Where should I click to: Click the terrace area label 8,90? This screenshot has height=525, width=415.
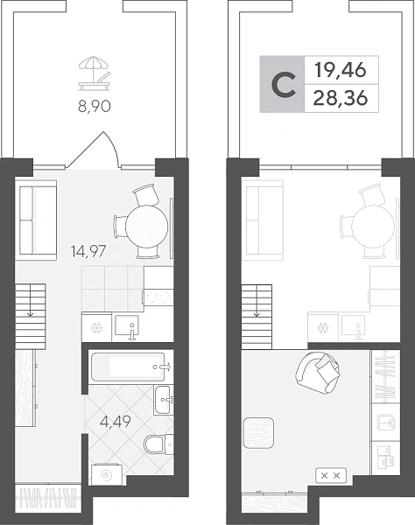pyautogui.click(x=95, y=107)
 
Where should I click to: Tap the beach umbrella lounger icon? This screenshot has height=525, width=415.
pyautogui.click(x=95, y=73)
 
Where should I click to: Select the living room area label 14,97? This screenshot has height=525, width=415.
pyautogui.click(x=88, y=251)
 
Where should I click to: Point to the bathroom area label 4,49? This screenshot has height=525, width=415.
pyautogui.click(x=116, y=422)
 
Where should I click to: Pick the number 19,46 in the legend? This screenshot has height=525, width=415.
pyautogui.click(x=341, y=70)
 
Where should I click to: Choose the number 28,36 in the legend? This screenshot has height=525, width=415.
pyautogui.click(x=341, y=98)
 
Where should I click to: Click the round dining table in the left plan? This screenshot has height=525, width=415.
pyautogui.click(x=146, y=226)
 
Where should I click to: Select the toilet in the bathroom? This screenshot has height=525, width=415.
pyautogui.click(x=158, y=444)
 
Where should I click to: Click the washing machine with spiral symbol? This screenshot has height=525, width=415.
pyautogui.click(x=107, y=474)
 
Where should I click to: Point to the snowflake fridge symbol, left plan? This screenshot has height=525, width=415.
pyautogui.click(x=96, y=328)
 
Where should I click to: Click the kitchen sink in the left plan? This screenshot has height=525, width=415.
pyautogui.click(x=127, y=325)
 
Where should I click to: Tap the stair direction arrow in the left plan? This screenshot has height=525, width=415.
pyautogui.click(x=31, y=300)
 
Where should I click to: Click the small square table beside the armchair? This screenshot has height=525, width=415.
pyautogui.click(x=258, y=432)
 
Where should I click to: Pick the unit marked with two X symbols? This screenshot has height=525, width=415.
pyautogui.click(x=331, y=475)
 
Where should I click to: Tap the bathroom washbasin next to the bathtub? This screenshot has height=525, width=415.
pyautogui.click(x=164, y=400)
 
